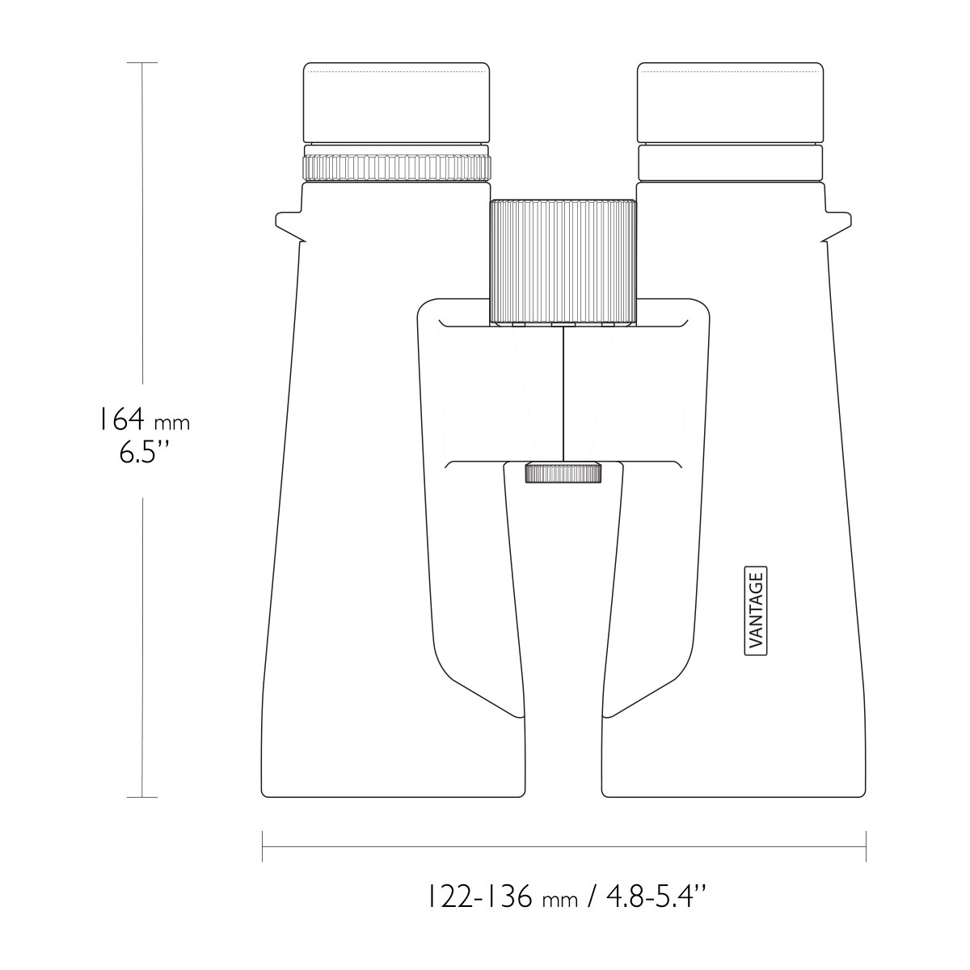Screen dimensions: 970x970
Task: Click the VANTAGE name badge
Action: (x=755, y=610)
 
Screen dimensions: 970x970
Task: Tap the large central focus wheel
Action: (x=563, y=261)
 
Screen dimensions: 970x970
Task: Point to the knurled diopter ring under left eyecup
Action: (x=396, y=167)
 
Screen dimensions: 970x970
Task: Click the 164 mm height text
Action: (x=143, y=420)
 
